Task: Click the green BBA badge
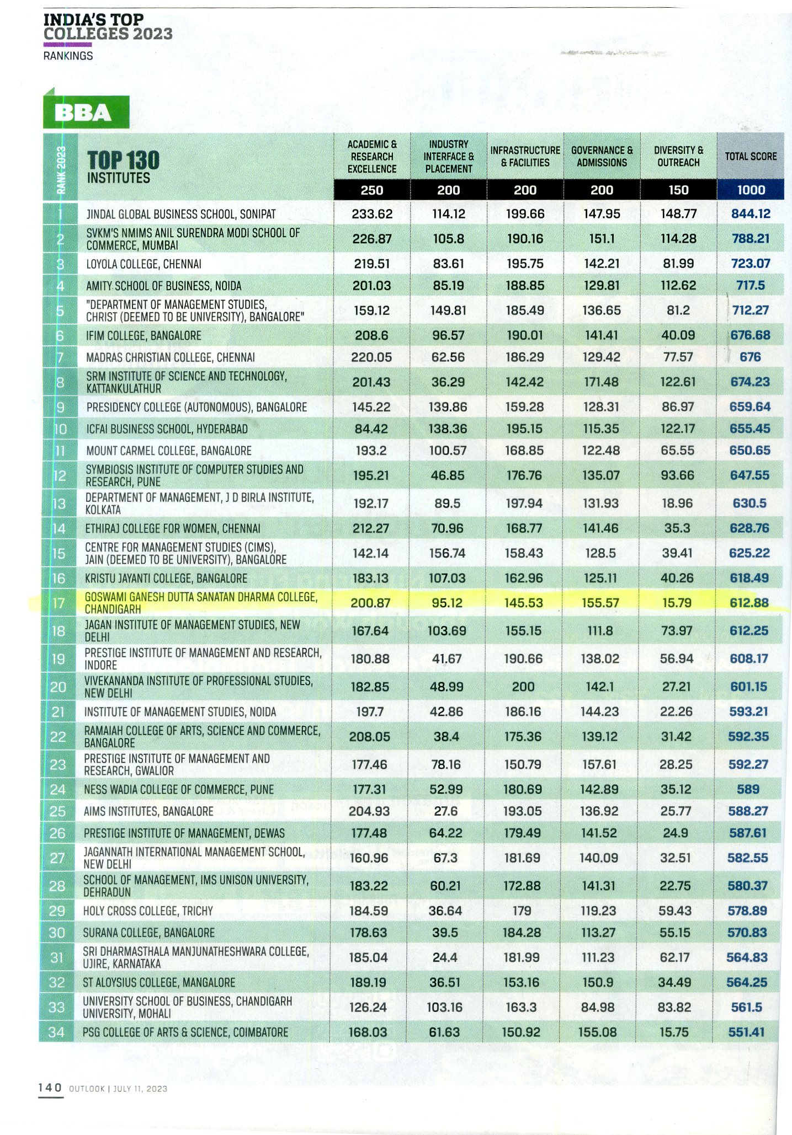86,113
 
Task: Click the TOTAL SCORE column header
750,157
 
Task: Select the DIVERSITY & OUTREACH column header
678,157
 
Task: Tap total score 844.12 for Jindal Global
751,213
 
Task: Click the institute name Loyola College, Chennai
143,264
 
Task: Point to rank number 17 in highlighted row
59,603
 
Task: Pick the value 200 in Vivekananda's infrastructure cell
523,687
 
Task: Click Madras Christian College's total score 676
750,357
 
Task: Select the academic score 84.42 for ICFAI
371,429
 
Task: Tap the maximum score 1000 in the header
751,190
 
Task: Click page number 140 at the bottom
50,1087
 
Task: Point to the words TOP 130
123,160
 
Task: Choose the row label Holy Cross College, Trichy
147,911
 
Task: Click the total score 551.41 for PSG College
746,1032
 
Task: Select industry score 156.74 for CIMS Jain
447,553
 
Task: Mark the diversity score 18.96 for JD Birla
678,503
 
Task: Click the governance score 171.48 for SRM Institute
601,382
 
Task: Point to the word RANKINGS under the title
68,56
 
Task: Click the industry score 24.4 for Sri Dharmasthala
445,957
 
